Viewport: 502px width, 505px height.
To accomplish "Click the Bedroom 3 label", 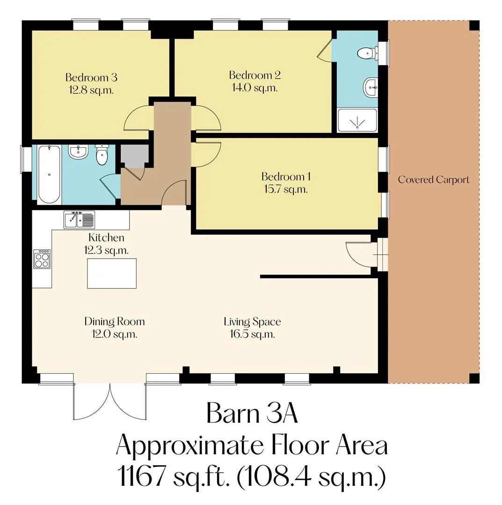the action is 91,78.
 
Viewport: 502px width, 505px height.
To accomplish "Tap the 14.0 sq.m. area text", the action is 255,87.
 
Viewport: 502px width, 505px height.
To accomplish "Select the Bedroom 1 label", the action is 286,177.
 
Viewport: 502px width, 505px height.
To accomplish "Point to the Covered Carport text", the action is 434,180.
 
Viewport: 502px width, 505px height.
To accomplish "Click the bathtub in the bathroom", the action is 49,174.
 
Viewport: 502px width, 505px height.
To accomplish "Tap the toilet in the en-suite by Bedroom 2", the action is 368,53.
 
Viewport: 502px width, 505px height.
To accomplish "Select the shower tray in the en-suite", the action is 357,121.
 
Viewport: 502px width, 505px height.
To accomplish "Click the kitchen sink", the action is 79,220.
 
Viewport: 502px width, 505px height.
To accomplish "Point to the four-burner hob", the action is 42,259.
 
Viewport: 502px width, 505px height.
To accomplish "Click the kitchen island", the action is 112,274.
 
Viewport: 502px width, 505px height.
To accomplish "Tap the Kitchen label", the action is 106,238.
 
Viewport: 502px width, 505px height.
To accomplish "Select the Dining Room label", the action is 114,321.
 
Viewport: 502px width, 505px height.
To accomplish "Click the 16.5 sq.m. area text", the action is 252,334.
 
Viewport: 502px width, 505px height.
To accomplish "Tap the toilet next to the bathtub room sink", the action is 102,155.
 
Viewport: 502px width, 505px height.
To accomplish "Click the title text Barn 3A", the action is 252,413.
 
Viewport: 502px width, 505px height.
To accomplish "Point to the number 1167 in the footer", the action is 142,476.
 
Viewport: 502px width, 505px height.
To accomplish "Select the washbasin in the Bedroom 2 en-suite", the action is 371,87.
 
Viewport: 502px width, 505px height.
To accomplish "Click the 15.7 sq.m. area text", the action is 286,189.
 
